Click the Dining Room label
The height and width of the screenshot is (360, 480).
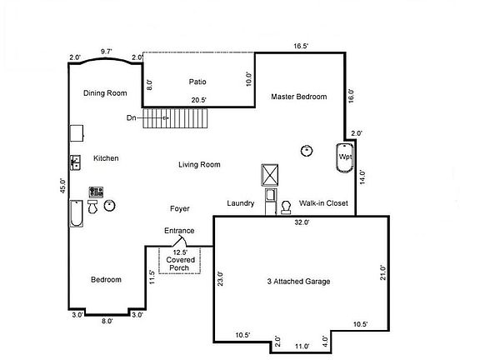tap(105, 92)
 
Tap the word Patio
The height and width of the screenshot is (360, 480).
tap(197, 82)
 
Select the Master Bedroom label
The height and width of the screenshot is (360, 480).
tap(299, 97)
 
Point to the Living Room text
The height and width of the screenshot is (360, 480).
tap(199, 165)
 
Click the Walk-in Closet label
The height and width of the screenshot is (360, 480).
tap(323, 203)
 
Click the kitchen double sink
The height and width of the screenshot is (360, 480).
tap(75, 161)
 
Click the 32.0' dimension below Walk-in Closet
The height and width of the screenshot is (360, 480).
tap(302, 222)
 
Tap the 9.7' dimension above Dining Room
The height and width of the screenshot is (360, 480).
tap(107, 52)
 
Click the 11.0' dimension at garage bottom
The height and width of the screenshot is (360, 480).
tap(302, 346)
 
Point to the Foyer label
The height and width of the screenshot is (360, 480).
tap(179, 208)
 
